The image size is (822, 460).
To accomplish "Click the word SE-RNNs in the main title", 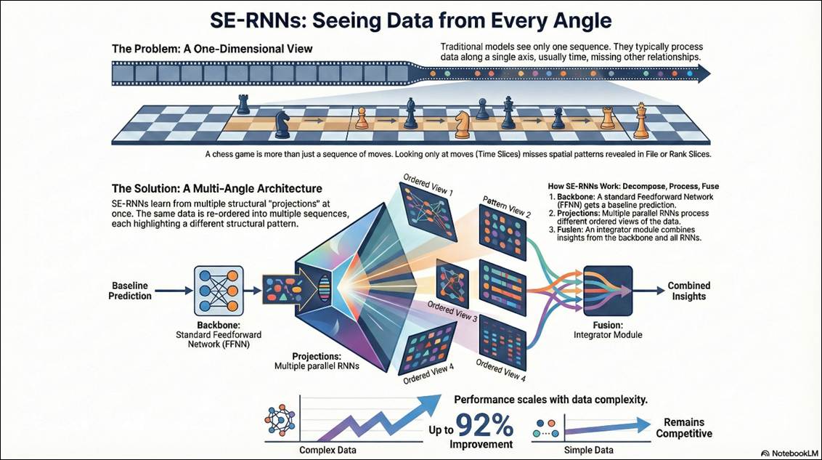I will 255,21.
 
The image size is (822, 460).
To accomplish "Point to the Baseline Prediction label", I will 131,291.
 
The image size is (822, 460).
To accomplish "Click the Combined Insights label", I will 689,291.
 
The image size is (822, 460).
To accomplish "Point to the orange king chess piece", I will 640,121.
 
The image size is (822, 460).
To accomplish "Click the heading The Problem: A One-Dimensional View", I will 213,49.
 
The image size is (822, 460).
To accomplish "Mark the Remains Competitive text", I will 683,428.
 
